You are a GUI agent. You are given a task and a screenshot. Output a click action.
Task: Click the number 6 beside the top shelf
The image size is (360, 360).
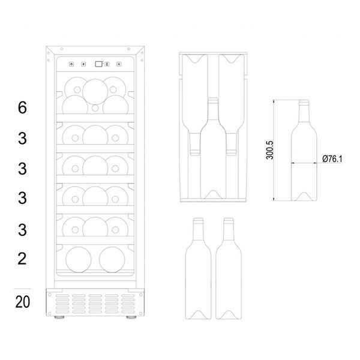coord(22,107)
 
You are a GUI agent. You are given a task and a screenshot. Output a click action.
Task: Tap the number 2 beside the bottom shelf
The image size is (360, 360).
coord(22,259)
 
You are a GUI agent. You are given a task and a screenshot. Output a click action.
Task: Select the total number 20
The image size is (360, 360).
coord(23,302)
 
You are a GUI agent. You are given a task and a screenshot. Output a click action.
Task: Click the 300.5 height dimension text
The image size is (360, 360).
coord(270,150)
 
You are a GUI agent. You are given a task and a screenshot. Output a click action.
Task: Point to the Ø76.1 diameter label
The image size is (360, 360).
coord(332,158)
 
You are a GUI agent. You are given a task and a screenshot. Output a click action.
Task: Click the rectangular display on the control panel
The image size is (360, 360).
coord(99,64)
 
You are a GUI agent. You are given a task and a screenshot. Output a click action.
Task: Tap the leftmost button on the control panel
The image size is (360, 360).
coord(71,64)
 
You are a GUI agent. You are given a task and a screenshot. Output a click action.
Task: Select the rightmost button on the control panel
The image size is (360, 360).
coord(119,64)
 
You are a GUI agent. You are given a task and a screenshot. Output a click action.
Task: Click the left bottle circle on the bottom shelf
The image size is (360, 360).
coord(79,260)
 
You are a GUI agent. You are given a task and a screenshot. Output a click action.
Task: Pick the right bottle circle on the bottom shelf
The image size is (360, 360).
coord(112,260)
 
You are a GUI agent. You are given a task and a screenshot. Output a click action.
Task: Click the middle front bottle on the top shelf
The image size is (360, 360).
coord(95,92)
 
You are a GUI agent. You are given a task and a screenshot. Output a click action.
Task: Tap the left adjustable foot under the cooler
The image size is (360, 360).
coord(59,317)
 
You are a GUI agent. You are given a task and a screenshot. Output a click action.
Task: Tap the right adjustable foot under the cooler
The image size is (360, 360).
coord(131,317)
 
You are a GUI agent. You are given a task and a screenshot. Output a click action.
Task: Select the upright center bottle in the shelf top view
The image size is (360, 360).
coord(213,148)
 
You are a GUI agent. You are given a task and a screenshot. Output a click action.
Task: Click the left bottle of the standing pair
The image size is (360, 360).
coord(198,269)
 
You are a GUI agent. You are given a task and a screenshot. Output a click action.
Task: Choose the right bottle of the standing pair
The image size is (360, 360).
coord(229,269)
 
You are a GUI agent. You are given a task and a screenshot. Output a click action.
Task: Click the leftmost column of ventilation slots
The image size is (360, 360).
coord(62,304)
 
